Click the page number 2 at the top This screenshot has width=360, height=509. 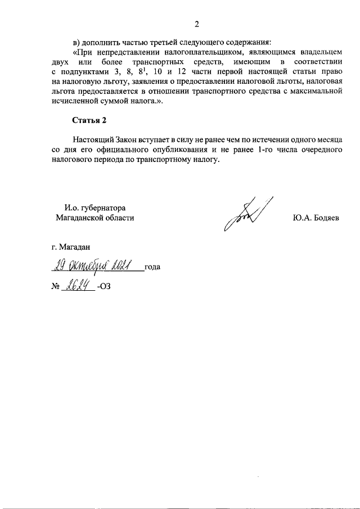(x=197, y=24)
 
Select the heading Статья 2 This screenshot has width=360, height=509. (x=89, y=120)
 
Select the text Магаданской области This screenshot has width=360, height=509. (x=95, y=218)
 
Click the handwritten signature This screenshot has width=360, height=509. (x=247, y=214)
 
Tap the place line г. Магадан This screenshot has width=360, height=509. (x=70, y=246)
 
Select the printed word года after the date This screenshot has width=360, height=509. (x=152, y=267)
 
